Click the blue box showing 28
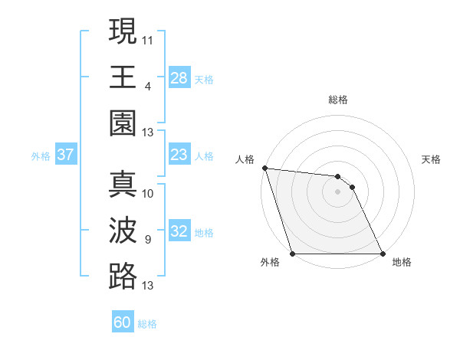pyautogui.click(x=179, y=78)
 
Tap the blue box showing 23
pyautogui.click(x=179, y=155)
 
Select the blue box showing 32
pyautogui.click(x=179, y=232)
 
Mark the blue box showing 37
pyautogui.click(x=66, y=155)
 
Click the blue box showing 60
pyautogui.click(x=123, y=322)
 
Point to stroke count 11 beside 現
pyautogui.click(x=148, y=39)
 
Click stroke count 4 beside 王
pyautogui.click(x=148, y=86)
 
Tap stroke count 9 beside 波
pyautogui.click(x=148, y=240)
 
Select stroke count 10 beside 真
pyautogui.click(x=148, y=193)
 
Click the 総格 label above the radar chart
pyautogui.click(x=338, y=100)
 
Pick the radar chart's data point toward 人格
pyautogui.click(x=264, y=168)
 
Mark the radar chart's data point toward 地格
pyautogui.click(x=382, y=254)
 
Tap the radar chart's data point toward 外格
pyautogui.click(x=293, y=254)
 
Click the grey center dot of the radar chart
pyautogui.click(x=337, y=191)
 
